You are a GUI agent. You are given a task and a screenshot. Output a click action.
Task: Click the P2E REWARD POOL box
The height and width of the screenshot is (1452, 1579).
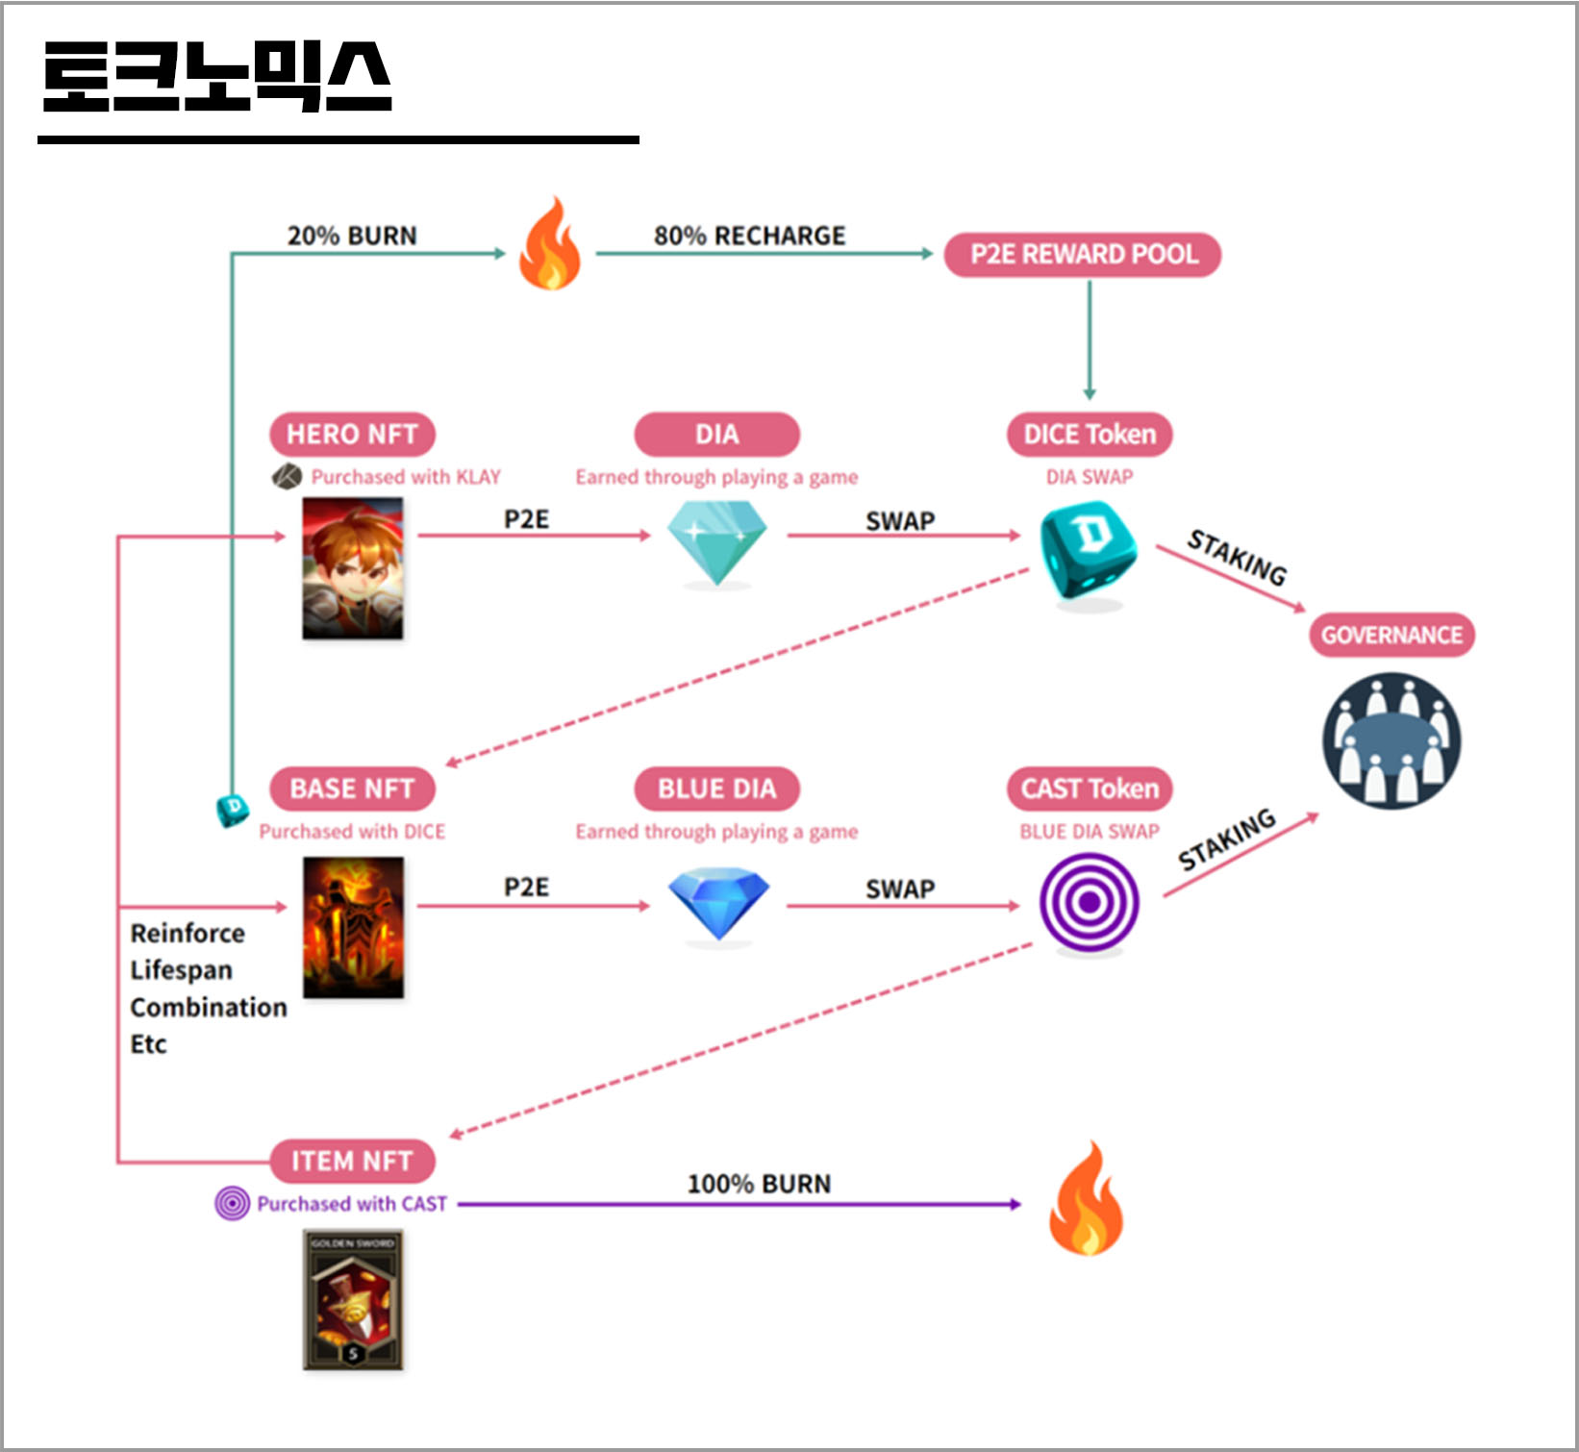coord(1083,255)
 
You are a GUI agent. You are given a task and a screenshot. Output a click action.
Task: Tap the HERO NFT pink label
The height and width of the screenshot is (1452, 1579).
coord(352,435)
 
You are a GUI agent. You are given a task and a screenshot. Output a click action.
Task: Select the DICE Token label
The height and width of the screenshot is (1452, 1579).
coord(1090,435)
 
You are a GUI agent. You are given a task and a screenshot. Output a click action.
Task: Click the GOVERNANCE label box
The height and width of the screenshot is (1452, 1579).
coord(1391,636)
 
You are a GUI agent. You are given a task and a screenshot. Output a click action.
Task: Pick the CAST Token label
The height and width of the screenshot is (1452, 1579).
coord(1090,789)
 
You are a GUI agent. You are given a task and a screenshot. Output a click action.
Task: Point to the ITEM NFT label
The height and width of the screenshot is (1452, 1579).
coord(352,1162)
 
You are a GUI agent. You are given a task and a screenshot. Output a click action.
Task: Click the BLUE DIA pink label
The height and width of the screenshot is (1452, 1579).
coord(716,789)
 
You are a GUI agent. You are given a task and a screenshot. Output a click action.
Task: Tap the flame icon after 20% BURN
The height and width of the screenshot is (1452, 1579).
coord(549,245)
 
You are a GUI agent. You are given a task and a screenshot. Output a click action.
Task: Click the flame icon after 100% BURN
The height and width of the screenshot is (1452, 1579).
coord(1086,1199)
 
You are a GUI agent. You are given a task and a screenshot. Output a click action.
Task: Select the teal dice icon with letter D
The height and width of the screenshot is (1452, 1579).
coord(1089,550)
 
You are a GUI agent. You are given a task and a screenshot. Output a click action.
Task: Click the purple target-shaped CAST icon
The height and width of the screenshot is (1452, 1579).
coord(1089,903)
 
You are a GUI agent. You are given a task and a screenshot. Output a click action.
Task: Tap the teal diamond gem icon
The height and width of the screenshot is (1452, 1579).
coord(717,541)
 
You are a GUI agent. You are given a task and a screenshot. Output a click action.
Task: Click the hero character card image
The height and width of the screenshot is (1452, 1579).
coord(353,568)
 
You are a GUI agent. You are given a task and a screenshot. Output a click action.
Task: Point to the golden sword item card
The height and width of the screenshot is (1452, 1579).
coord(353,1299)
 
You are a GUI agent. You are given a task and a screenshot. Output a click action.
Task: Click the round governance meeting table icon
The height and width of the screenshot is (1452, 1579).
coord(1391,741)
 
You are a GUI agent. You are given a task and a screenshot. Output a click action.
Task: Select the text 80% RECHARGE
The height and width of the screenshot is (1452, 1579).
coord(749,236)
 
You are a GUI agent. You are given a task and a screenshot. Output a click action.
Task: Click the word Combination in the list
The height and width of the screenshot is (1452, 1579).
coord(209,1007)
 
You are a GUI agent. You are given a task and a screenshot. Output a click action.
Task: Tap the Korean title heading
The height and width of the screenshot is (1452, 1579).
coord(217,76)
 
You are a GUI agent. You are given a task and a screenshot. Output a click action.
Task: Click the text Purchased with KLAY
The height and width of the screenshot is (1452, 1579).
coord(405,477)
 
